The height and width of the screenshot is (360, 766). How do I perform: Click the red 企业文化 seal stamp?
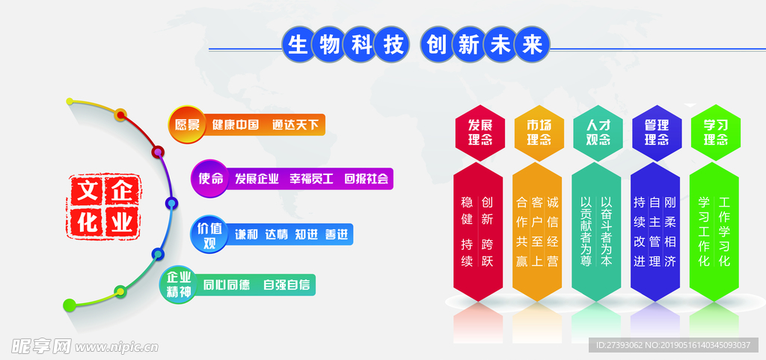pos(103,206)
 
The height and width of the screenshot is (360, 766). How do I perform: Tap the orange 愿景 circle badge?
pos(187,124)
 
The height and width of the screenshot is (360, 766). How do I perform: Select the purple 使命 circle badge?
pos(209,179)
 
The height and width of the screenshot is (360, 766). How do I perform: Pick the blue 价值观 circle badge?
pos(209,236)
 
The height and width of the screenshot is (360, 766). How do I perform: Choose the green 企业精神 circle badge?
pos(178,284)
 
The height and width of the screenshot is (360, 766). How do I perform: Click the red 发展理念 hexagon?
pos(479,133)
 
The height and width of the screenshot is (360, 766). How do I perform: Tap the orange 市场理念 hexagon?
pos(539,133)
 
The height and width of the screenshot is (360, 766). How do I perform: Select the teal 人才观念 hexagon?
pos(598,133)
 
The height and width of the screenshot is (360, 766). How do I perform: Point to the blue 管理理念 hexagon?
pos(657,133)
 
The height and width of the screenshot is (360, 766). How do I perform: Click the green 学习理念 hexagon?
pos(716,133)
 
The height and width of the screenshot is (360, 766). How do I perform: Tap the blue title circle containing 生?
pos(298,45)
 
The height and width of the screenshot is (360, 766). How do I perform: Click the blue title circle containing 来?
pos(533,45)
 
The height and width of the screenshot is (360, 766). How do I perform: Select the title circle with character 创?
pos(436,45)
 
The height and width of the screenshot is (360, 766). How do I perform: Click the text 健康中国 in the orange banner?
pos(235,125)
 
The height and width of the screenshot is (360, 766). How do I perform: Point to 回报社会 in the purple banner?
pos(367,179)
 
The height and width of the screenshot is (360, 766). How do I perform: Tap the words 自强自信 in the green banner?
pos(287,284)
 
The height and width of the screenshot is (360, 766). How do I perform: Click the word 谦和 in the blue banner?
pos(246,235)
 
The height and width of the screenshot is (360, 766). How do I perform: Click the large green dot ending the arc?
pos(70,305)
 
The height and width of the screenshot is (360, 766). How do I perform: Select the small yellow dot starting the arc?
pos(70,102)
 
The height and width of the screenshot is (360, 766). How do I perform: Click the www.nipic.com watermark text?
pos(117,347)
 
